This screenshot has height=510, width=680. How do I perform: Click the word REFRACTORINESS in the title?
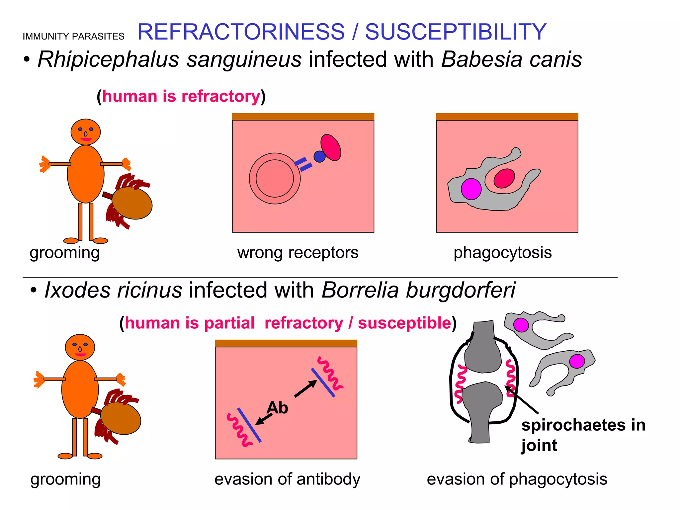click(x=241, y=32)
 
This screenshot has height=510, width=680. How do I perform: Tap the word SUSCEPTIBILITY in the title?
click(x=456, y=32)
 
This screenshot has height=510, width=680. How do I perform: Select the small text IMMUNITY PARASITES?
click(x=73, y=37)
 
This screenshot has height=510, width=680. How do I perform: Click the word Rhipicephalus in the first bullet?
click(x=108, y=59)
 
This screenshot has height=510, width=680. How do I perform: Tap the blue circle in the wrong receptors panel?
click(x=319, y=156)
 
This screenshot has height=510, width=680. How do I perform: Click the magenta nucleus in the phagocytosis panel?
click(x=471, y=189)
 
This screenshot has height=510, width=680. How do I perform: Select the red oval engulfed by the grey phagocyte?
click(x=504, y=178)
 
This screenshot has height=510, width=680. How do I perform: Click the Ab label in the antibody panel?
click(x=277, y=408)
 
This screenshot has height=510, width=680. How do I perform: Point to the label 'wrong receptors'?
click(x=298, y=252)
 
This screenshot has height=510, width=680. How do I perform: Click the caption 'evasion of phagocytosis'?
click(x=517, y=479)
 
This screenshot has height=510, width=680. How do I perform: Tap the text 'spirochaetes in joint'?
click(x=583, y=435)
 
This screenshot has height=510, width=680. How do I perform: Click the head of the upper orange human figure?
click(x=86, y=132)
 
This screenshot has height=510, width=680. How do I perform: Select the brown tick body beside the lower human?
click(x=121, y=418)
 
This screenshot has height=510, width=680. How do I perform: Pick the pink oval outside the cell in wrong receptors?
click(x=331, y=147)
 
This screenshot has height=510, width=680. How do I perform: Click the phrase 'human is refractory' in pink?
click(x=181, y=96)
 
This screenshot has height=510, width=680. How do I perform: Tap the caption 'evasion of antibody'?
click(x=287, y=479)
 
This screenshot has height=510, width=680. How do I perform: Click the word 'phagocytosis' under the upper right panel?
click(x=503, y=252)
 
